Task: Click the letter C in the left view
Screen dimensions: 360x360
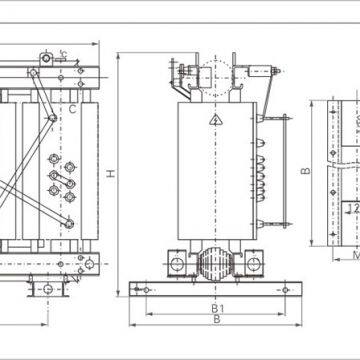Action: [x=73, y=109]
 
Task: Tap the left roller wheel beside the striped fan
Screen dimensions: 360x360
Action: [x=176, y=265]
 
